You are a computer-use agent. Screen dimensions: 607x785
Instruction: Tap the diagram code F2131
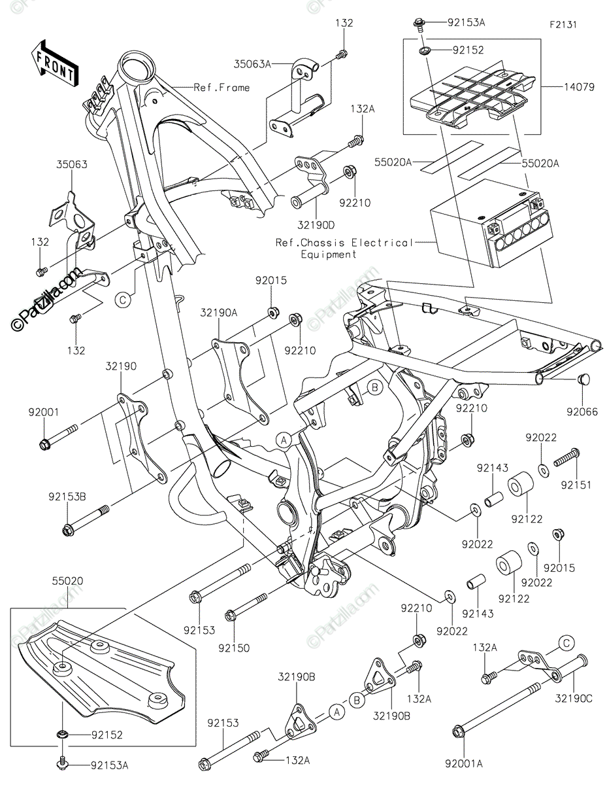pos(563,25)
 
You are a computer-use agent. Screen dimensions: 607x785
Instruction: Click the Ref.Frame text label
pos(221,88)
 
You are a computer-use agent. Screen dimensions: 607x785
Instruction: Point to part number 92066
pos(582,411)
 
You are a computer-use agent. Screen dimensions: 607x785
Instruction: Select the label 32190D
pos(316,225)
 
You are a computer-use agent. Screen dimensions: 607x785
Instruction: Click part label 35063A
pos(252,64)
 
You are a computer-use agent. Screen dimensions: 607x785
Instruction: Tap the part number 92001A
pos(463,763)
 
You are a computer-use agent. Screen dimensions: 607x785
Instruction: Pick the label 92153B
pos(67,497)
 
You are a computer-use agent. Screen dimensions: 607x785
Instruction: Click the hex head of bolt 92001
pos(44,444)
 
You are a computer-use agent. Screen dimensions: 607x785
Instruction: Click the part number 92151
pos(576,485)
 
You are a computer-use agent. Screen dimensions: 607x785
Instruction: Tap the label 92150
pos(234,648)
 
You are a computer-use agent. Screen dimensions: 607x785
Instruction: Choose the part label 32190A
pos(219,313)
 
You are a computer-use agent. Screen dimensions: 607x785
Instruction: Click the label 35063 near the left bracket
pos(72,164)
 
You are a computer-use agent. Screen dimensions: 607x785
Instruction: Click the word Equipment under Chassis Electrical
pos(329,254)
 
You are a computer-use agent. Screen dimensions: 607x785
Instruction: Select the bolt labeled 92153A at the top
pos(419,26)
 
